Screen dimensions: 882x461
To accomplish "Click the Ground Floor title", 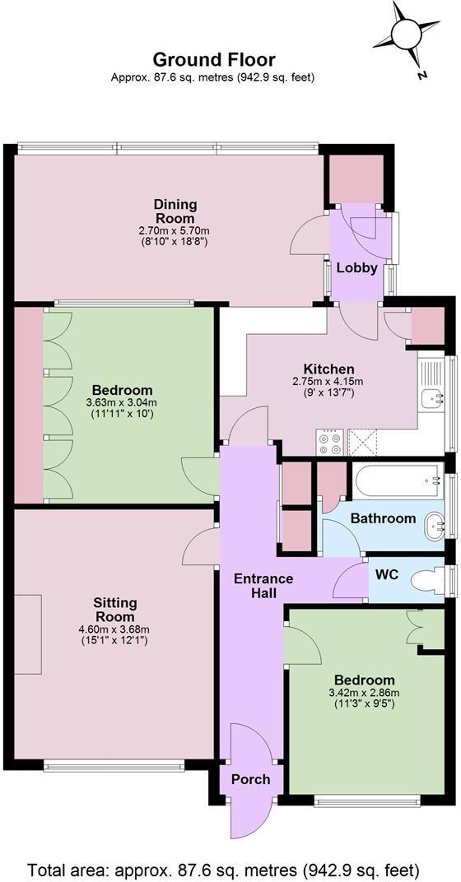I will (x=213, y=60).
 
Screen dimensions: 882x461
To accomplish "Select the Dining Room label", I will (x=175, y=211).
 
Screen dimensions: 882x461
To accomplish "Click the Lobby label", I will (x=357, y=268).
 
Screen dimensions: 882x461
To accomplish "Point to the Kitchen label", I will (x=328, y=369).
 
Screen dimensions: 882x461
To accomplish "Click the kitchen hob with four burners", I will (x=330, y=443).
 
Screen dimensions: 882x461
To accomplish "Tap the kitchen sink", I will (x=431, y=398).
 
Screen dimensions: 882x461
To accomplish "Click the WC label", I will (x=387, y=574).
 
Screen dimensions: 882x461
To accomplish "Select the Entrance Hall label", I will (x=263, y=585).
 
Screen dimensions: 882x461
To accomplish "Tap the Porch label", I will (x=250, y=779).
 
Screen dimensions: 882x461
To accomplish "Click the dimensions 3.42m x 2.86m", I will (x=364, y=693).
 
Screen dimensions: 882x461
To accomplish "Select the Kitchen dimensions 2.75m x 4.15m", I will (x=328, y=382).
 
